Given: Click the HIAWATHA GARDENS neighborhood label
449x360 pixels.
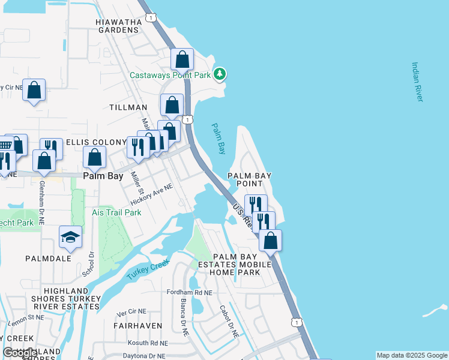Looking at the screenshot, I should (119, 26).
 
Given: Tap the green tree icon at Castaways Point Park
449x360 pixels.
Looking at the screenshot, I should (220, 74).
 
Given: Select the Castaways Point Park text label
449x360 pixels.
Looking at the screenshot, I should (170, 75).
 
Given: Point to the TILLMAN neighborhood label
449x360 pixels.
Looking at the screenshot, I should (128, 107).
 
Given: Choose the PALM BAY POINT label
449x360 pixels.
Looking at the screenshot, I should (250, 179).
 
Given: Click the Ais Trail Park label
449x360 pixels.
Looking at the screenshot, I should (116, 212).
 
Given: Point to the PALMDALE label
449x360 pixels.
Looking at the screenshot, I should (48, 259).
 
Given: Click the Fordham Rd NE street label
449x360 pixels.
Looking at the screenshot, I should (190, 292).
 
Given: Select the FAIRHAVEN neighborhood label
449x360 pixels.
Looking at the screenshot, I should (137, 326).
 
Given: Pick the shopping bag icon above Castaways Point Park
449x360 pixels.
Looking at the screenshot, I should (182, 60).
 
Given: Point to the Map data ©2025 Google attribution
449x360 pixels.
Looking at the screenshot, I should (411, 355).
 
